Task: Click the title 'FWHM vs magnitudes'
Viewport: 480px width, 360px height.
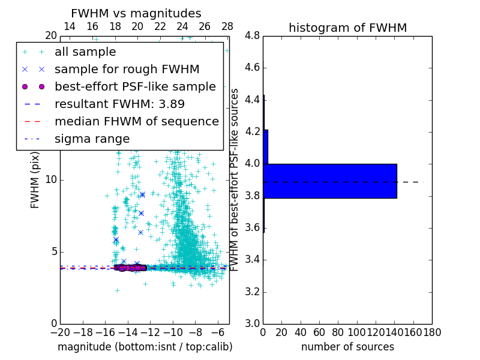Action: pos(136,13)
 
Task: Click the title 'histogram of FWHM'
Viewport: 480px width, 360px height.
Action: pos(347,28)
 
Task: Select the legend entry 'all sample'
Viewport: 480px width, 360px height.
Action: pos(85,52)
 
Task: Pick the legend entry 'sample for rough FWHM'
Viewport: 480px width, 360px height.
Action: pos(127,69)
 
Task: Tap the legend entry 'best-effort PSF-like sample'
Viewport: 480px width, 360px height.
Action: pos(135,86)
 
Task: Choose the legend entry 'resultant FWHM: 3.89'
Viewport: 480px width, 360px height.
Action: pos(119,104)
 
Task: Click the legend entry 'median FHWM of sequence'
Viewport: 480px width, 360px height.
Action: pos(136,121)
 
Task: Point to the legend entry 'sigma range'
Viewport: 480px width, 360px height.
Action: pos(92,139)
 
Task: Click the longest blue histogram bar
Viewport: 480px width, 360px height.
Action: pos(330,181)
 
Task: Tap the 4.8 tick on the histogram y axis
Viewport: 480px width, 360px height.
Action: pos(253,36)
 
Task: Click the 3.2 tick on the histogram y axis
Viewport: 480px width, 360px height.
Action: pos(253,292)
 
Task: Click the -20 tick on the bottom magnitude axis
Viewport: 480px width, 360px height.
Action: pos(60,331)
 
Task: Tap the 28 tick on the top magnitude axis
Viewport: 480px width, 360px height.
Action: pos(227,26)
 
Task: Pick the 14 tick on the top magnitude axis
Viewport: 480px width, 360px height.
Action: pos(69,26)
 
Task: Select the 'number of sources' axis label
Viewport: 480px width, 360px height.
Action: pos(347,347)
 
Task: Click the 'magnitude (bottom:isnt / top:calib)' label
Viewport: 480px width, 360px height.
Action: pos(145,347)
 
